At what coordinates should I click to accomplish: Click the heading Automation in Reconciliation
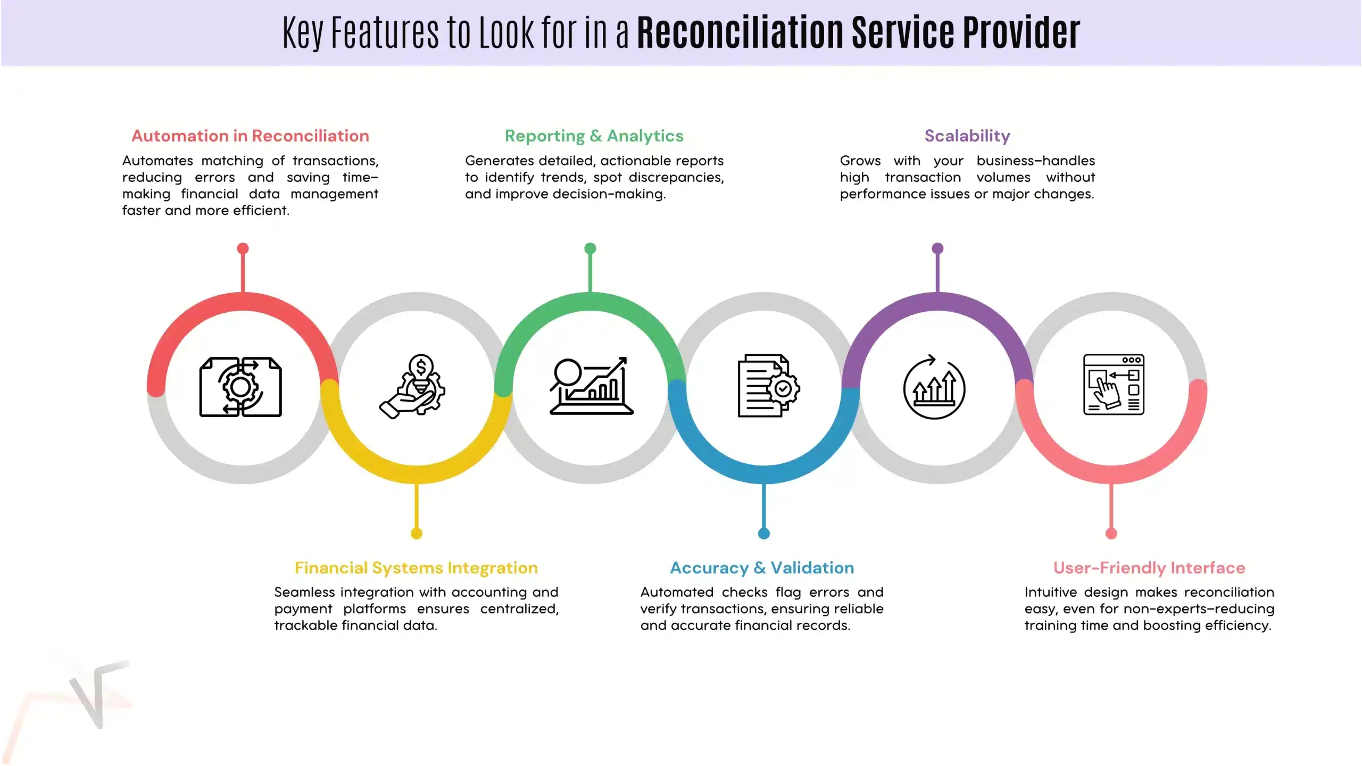pyautogui.click(x=250, y=136)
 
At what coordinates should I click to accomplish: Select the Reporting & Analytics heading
pyautogui.click(x=594, y=136)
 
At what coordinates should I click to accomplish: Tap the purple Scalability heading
pyautogui.click(x=967, y=136)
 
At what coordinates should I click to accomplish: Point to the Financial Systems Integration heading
pyautogui.click(x=416, y=568)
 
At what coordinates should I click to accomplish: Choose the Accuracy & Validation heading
pyautogui.click(x=762, y=568)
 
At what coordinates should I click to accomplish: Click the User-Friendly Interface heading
pyautogui.click(x=1149, y=568)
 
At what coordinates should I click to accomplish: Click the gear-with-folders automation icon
pyautogui.click(x=240, y=387)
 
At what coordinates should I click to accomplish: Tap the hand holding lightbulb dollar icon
pyautogui.click(x=413, y=387)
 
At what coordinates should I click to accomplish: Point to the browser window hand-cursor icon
pyautogui.click(x=1114, y=385)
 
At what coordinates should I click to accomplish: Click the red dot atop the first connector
pyautogui.click(x=243, y=248)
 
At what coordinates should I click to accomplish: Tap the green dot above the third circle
pyautogui.click(x=590, y=248)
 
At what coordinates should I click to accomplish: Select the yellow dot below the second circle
pyautogui.click(x=417, y=534)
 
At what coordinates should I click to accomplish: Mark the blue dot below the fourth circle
pyautogui.click(x=763, y=534)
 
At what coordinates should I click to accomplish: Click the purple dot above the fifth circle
pyautogui.click(x=937, y=248)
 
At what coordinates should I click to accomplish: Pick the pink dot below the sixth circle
pyautogui.click(x=1111, y=534)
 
